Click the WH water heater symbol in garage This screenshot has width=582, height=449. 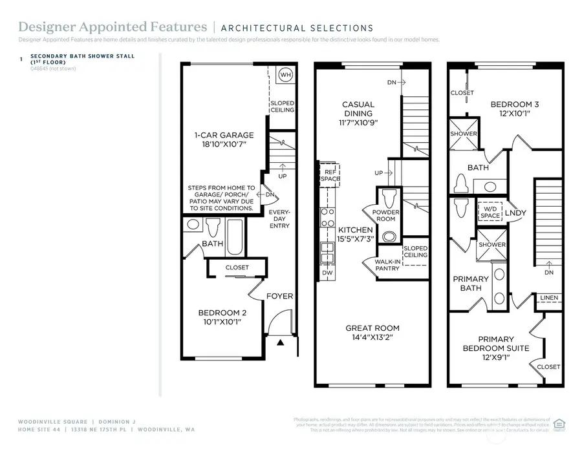click(285, 75)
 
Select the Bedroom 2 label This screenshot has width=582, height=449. click(222, 317)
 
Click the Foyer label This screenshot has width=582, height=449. click(280, 296)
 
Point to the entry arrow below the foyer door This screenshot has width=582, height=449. click(280, 343)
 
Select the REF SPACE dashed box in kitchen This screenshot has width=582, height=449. click(329, 173)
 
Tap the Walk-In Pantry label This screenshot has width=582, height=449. click(387, 264)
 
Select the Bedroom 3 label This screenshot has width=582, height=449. click(514, 109)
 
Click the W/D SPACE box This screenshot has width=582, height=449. click(490, 211)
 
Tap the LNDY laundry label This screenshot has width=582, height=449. click(515, 212)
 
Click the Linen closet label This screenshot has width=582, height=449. click(548, 298)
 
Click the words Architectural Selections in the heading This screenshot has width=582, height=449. click(297, 28)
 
